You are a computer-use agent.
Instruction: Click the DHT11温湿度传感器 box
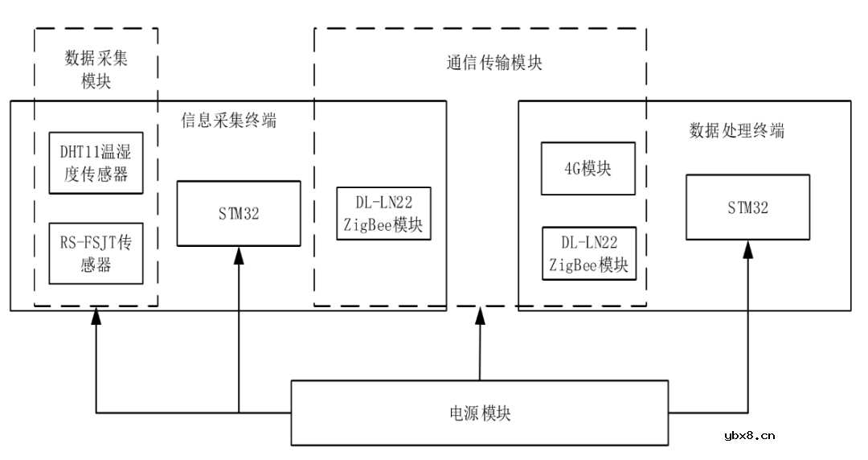point(96,163)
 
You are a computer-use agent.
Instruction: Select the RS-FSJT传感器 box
point(96,253)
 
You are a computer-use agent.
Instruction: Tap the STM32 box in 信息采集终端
point(239,213)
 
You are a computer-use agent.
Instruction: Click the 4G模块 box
point(588,169)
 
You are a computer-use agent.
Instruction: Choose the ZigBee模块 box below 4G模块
point(589,253)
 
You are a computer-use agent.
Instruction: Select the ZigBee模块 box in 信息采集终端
point(383,214)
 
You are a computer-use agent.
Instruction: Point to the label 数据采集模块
point(96,70)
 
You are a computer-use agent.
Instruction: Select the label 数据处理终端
point(737,130)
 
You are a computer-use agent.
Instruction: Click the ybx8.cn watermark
point(749,436)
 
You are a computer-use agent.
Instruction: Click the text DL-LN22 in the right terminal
point(589,242)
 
